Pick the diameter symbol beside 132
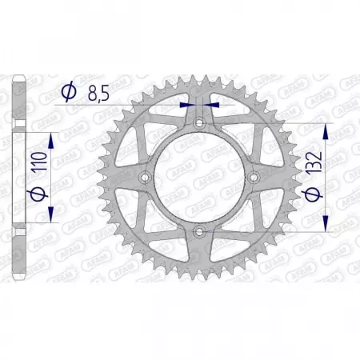[x=316, y=193]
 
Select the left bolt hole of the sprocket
[x=144, y=177]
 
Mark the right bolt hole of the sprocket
[x=253, y=177]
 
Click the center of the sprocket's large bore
[x=198, y=177]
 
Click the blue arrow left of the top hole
[x=187, y=104]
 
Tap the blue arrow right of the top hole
[x=210, y=104]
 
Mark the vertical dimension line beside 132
[x=326, y=177]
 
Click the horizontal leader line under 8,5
[x=120, y=104]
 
